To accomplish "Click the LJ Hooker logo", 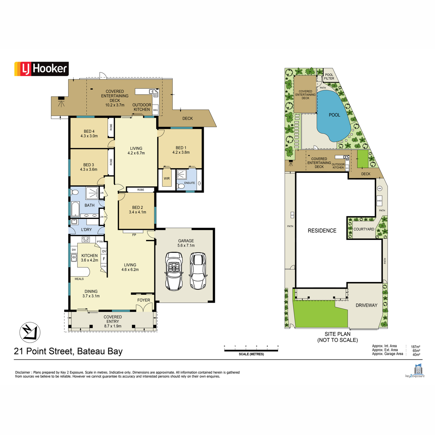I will point(41,69).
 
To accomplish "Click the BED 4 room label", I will point(89,132).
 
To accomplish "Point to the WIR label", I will point(167,179).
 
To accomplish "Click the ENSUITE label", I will point(190,183).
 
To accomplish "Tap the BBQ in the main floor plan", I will point(156,110).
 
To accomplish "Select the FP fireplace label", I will point(134,235).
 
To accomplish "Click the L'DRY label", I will point(86,230).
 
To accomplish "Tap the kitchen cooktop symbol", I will point(86,239).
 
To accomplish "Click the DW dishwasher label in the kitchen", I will point(74,250).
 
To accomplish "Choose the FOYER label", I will point(144,300).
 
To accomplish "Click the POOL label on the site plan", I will point(335,115).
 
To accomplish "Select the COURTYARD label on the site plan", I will point(364,229).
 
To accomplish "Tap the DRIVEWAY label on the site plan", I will point(366,305).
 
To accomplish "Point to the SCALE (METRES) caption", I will point(251,354).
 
